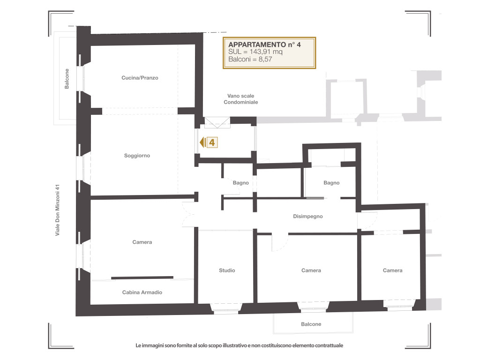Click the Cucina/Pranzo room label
click(140, 78)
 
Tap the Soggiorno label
click(137, 156)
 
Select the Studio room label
click(227, 270)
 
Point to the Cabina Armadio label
click(142, 292)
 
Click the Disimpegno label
click(308, 217)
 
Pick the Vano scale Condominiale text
click(241, 99)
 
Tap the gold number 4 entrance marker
click(212, 142)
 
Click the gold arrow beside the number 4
click(202, 142)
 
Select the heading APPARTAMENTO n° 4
click(264, 45)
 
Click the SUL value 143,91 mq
click(266, 52)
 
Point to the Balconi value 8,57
click(265, 59)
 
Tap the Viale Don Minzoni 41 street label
click(58, 210)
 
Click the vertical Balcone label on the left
click(67, 79)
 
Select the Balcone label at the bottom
click(311, 324)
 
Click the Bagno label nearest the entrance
click(240, 183)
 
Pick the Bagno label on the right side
click(331, 183)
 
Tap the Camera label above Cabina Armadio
click(142, 242)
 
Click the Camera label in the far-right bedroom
click(392, 270)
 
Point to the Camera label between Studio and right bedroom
click(311, 270)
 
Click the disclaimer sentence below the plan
click(240, 345)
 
